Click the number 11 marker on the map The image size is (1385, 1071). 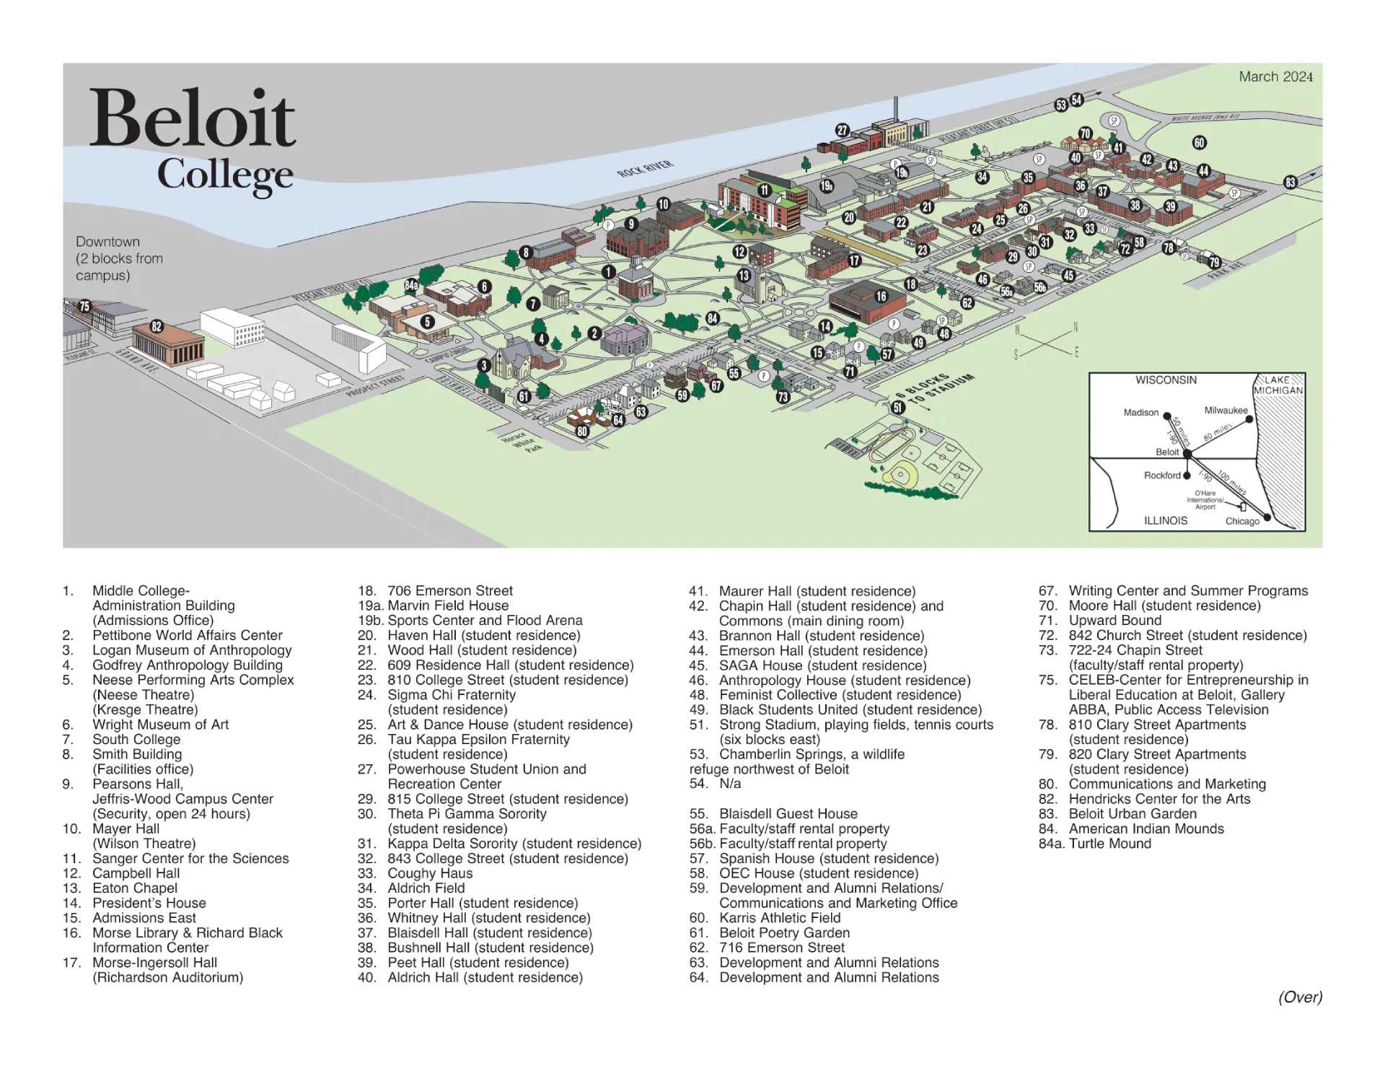764,191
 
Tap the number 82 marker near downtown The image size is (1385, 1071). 157,326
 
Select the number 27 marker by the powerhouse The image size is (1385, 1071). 842,130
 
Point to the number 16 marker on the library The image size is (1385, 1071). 881,296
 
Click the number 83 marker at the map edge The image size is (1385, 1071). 1291,183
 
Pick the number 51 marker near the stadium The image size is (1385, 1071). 898,407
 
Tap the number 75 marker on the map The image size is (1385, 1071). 84,306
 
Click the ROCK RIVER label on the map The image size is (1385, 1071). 644,169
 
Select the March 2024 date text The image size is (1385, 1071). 1275,76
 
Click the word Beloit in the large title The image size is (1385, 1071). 192,119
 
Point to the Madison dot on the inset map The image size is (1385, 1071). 1167,416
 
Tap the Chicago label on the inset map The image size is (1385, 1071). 1241,521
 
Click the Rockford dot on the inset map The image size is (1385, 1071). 1187,476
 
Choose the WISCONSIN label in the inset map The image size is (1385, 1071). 1166,380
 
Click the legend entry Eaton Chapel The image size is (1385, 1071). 135,888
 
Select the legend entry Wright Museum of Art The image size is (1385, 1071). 160,725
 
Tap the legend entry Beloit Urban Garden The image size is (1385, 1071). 1133,814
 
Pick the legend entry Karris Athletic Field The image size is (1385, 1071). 780,918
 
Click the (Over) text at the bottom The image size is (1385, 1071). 1300,997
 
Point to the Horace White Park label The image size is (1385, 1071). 523,442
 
